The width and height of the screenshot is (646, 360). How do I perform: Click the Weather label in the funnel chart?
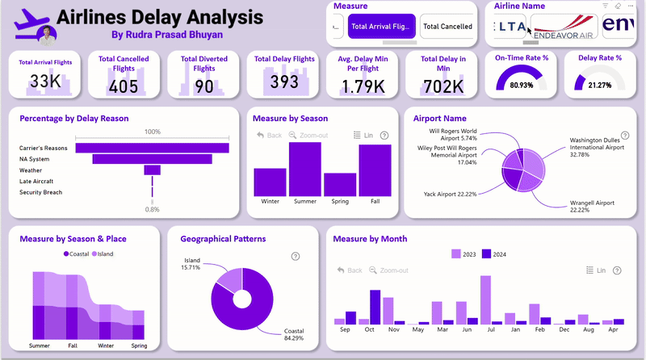[x=31, y=170]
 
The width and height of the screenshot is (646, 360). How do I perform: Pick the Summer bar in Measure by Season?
[x=305, y=169]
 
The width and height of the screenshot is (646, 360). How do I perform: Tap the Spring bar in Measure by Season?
[x=340, y=185]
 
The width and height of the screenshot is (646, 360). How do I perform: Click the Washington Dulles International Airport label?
[x=597, y=148]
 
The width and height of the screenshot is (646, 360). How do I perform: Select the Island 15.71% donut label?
[x=191, y=264]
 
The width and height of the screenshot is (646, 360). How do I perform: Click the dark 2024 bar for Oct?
[x=375, y=308]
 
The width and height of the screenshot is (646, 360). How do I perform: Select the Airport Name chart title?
[x=439, y=118]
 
